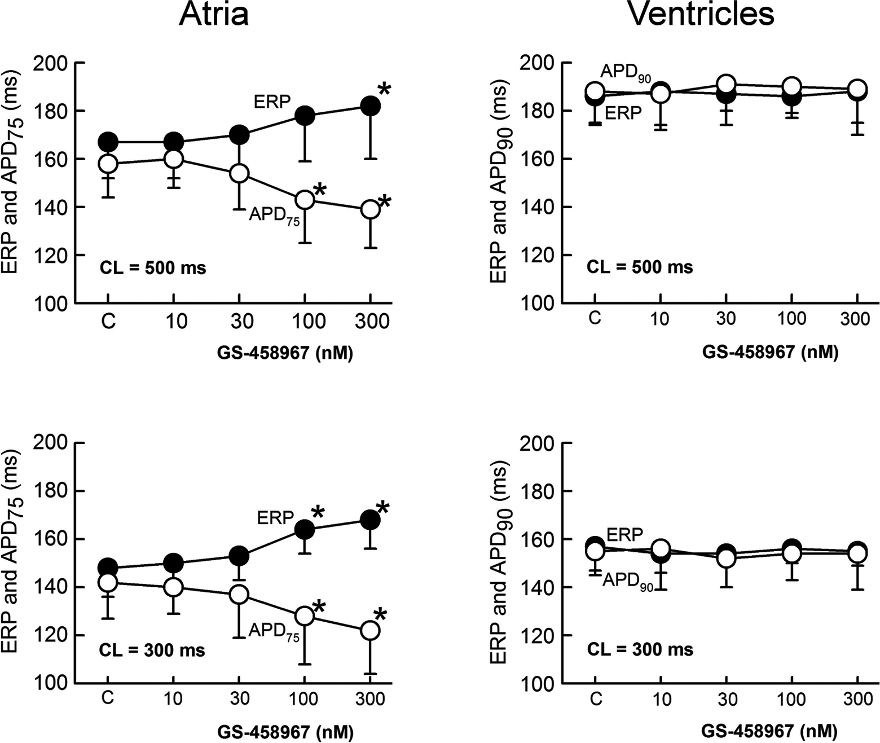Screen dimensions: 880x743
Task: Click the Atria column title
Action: [x=214, y=14]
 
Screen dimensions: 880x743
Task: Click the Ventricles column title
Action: [x=701, y=14]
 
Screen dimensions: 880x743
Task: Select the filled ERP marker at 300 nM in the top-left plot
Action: [x=371, y=106]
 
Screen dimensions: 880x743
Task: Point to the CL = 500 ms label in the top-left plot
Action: [x=152, y=267]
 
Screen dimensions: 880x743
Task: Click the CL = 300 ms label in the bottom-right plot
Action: [x=640, y=649]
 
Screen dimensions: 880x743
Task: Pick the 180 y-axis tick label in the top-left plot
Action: [x=50, y=111]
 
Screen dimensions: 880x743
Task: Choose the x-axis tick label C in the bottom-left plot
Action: [x=108, y=698]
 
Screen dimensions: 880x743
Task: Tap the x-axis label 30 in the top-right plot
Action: [x=726, y=319]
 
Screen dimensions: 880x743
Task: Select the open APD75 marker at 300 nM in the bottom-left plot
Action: [x=371, y=631]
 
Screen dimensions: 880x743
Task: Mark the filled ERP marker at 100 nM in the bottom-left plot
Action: [x=305, y=530]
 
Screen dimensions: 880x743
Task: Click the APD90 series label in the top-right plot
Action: [x=626, y=73]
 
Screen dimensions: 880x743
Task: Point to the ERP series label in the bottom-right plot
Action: [x=624, y=534]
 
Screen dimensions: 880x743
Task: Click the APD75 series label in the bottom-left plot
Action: [x=274, y=632]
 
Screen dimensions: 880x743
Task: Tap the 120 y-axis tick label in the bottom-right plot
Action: [x=536, y=635]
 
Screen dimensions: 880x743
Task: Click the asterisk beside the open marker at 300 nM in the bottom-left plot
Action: [x=381, y=615]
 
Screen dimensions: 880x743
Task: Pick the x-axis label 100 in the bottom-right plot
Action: [x=791, y=698]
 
